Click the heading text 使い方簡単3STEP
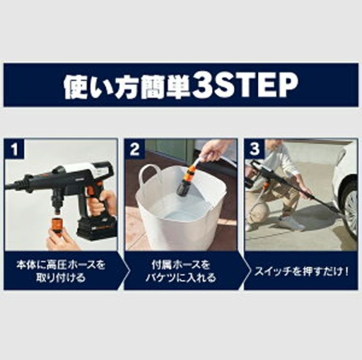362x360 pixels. pos(181,86)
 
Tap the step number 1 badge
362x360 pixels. pos(15,149)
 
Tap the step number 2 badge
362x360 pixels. pos(135,149)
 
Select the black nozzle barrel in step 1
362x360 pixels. pos(29,184)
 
